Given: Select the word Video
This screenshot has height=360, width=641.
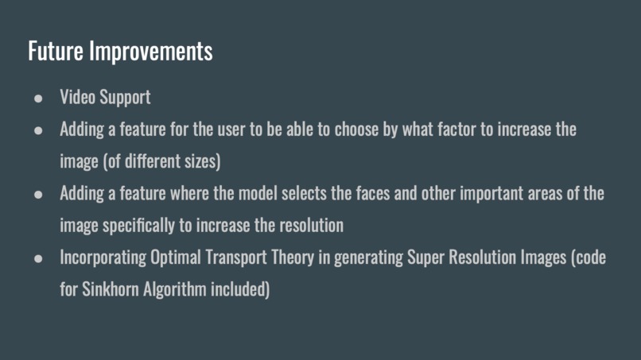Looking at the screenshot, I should (77, 97).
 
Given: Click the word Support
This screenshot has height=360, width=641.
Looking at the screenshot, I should (124, 98).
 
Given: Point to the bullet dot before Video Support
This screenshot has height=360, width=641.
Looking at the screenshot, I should (38, 98).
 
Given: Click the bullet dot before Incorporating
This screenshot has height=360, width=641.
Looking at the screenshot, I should (38, 258).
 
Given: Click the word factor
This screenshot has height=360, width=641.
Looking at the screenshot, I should (453, 130).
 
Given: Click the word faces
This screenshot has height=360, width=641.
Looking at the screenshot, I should (394, 194).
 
